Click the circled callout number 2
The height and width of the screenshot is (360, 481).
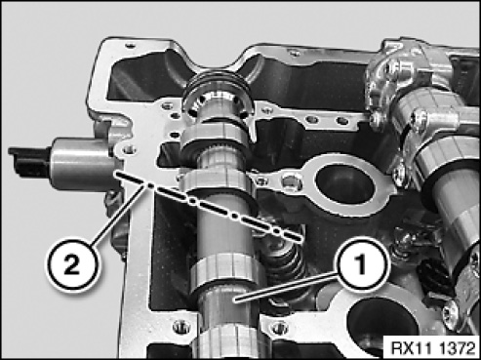tap(72, 266)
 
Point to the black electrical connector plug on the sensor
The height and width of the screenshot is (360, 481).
tap(29, 162)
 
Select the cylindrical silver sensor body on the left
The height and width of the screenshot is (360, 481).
tap(83, 164)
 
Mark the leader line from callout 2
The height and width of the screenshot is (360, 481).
tap(117, 215)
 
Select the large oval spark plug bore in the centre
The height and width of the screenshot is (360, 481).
tap(344, 184)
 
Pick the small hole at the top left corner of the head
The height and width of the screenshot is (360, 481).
tap(131, 46)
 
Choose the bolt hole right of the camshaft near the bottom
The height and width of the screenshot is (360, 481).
tap(278, 328)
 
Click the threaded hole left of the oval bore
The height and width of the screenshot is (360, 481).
tap(290, 180)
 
